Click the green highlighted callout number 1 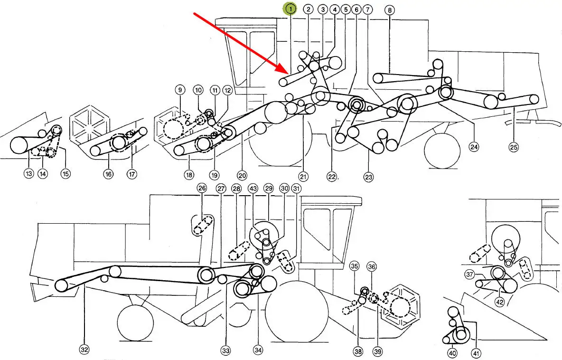[290, 9]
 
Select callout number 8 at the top [390, 10]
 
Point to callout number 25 [514, 147]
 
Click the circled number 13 [28, 173]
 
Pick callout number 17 [132, 174]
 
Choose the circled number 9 [180, 90]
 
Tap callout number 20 [242, 175]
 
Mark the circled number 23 [369, 176]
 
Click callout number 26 [202, 188]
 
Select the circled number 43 [253, 188]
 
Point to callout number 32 [84, 350]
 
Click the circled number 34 [258, 350]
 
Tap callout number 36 [372, 266]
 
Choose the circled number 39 [377, 352]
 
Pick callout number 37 [470, 275]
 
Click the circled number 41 [476, 353]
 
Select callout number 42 [500, 302]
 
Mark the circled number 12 [227, 90]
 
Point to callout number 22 [332, 176]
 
